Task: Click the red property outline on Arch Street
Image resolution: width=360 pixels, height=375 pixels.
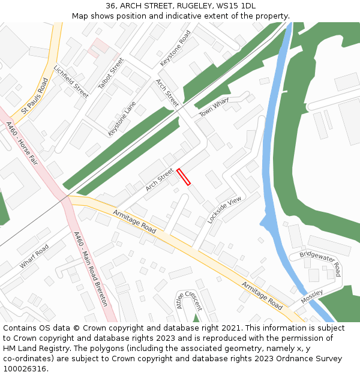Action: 184,177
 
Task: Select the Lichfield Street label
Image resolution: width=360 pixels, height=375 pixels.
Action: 71,82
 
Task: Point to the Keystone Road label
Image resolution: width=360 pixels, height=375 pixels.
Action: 175,49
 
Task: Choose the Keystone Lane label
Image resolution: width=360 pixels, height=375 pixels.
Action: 122,118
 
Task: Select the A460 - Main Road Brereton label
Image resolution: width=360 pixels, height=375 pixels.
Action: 90,269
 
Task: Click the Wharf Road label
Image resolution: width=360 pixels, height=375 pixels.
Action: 34,257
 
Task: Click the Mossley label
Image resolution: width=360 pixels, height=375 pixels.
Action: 312,296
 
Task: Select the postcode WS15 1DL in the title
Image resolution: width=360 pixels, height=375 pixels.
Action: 238,6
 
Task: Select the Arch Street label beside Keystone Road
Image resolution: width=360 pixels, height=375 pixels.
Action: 167,93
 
